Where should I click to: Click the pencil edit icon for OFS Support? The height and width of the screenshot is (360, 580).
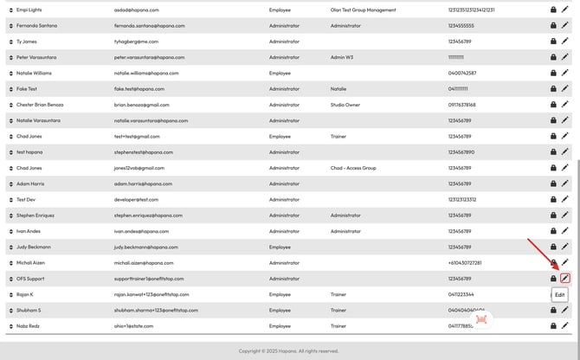click(x=565, y=279)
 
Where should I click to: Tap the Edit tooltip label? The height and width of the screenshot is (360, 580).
click(x=560, y=295)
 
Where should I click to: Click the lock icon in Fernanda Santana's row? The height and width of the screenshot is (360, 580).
click(x=553, y=26)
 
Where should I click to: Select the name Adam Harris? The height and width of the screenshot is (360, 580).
click(x=31, y=183)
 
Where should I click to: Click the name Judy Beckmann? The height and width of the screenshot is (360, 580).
click(x=34, y=247)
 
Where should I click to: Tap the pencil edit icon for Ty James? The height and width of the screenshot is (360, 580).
click(x=565, y=42)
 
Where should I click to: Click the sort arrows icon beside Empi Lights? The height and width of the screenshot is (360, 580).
click(x=10, y=10)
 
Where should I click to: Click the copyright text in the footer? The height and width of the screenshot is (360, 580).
click(x=289, y=351)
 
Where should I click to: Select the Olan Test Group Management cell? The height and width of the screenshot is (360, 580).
click(x=363, y=10)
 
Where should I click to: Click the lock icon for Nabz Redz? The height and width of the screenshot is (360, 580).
click(x=553, y=325)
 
